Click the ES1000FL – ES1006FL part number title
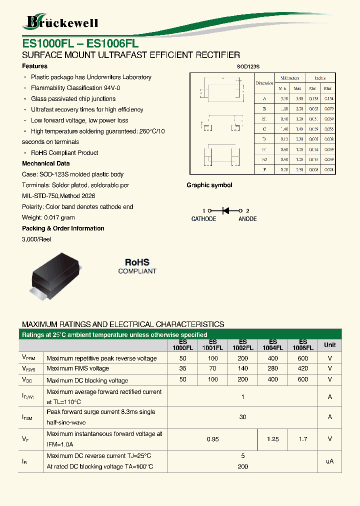click(80, 43)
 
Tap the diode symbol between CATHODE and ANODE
click(225, 211)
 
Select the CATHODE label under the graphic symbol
click(204, 219)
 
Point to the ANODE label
click(247, 219)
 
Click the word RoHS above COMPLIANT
click(137, 262)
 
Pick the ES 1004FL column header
click(272, 345)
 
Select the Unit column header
click(330, 345)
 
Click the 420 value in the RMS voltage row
click(302, 368)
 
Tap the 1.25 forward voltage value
click(273, 439)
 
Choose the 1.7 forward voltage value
click(303, 439)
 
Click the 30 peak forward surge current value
click(243, 417)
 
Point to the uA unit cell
click(330, 461)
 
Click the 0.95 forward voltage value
click(213, 439)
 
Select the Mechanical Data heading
click(46, 163)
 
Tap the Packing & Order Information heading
click(63, 228)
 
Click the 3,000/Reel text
click(37, 239)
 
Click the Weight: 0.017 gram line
click(48, 217)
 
